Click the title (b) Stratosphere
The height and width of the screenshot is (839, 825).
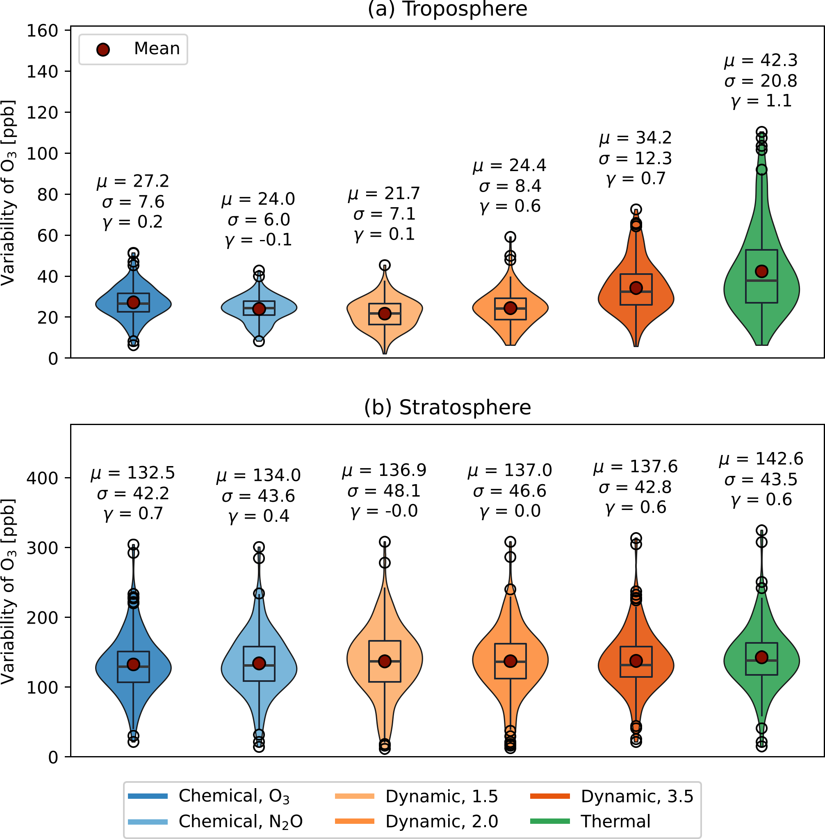447,407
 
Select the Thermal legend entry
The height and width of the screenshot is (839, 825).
615,821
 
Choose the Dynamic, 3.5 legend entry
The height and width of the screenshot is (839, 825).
636,796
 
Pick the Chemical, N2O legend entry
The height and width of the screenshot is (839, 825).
240,821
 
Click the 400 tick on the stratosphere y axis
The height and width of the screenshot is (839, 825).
43,478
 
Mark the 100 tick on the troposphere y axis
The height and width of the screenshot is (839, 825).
43,153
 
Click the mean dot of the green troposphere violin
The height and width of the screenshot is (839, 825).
761,272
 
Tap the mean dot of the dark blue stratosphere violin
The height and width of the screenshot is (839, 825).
133,664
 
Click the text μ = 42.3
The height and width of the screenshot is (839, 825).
761,61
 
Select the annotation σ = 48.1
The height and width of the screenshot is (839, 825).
384,491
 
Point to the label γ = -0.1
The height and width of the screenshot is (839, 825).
259,240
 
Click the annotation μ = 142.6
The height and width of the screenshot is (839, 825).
761,459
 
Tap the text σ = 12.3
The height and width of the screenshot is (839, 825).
635,159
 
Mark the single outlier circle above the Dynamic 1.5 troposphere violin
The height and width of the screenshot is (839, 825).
384,265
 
